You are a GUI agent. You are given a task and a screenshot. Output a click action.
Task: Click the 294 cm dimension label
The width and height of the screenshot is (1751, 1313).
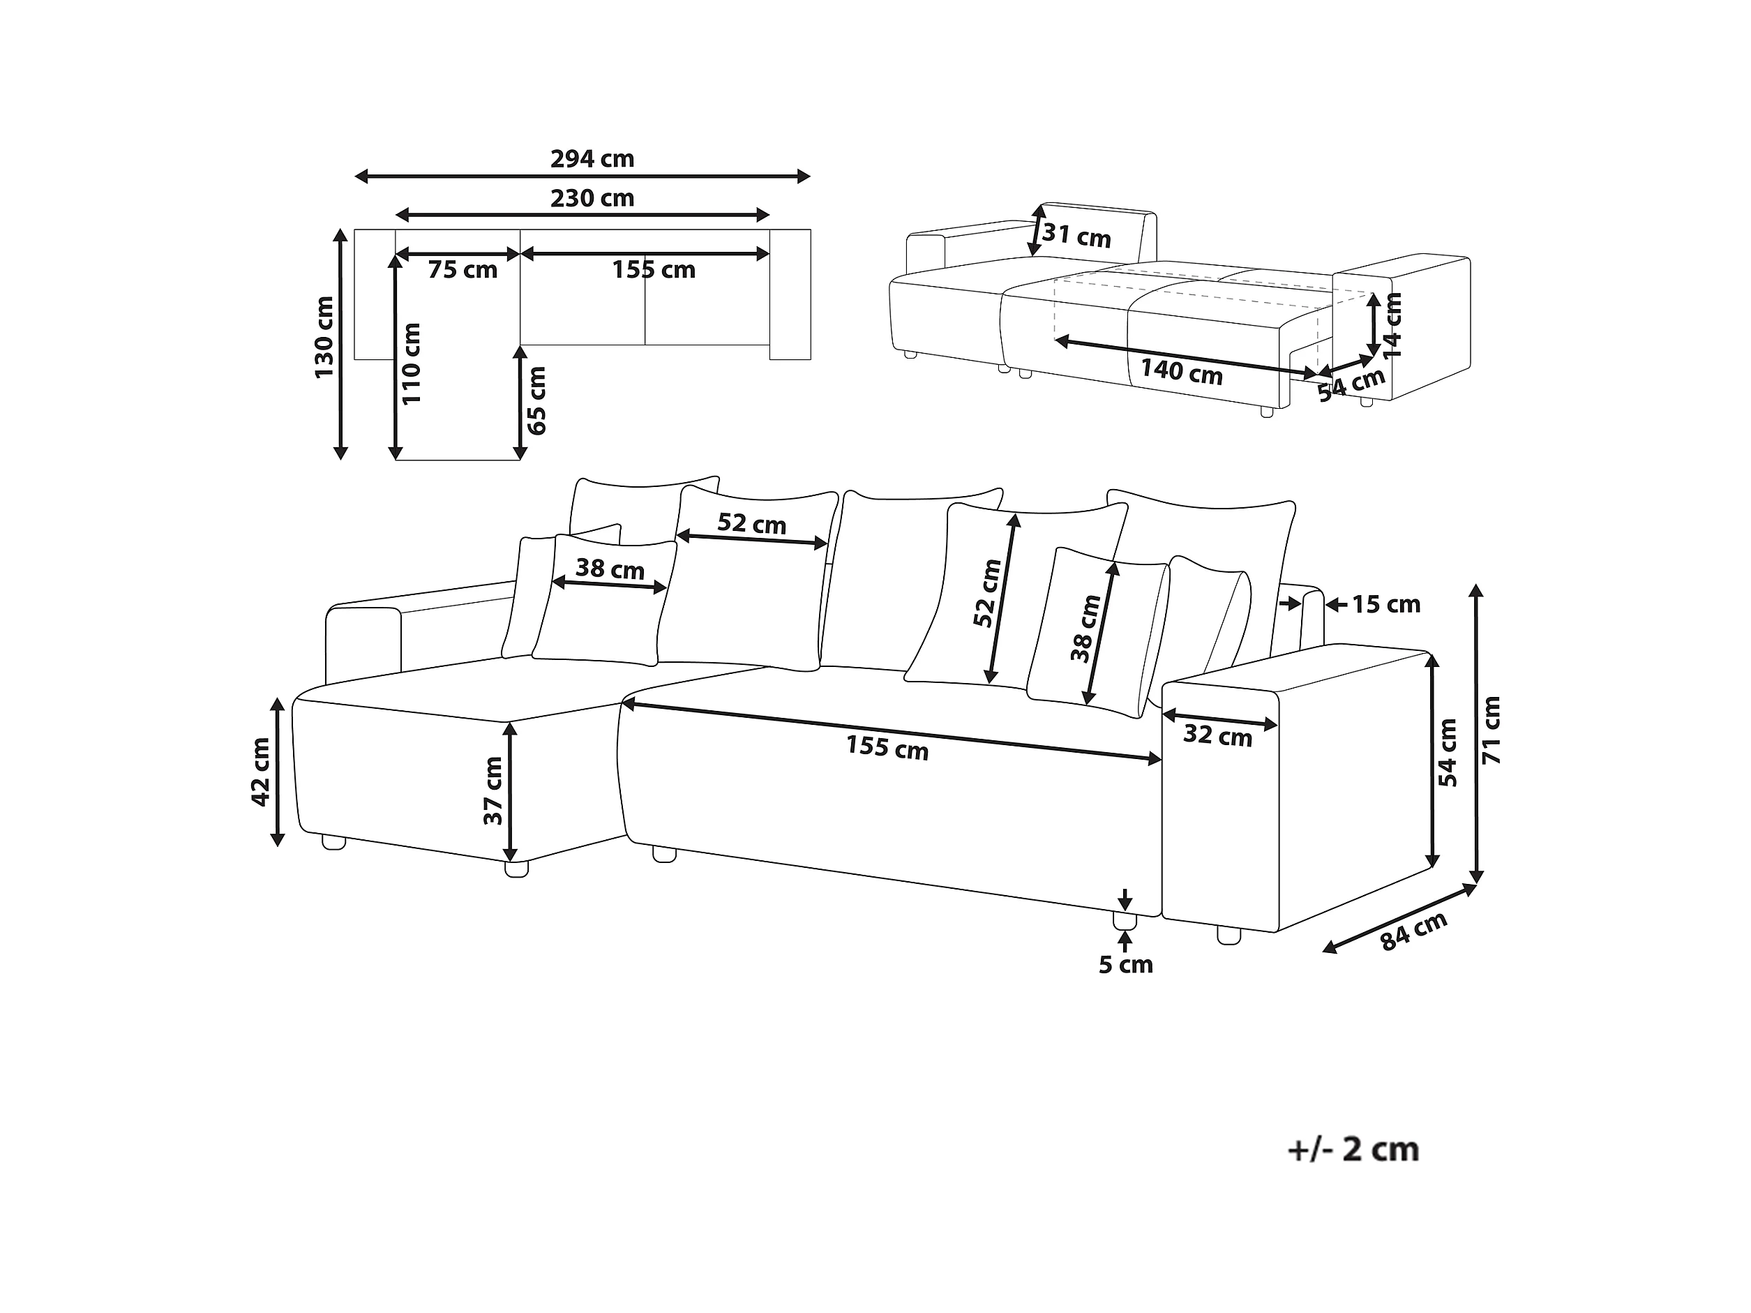(x=592, y=159)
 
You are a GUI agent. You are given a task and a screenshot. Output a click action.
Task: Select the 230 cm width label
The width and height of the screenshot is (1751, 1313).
(x=592, y=198)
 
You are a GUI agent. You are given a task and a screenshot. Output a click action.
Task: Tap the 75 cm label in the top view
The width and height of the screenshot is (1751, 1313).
(x=463, y=271)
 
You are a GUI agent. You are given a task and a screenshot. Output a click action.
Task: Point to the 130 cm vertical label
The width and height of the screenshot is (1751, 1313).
(x=324, y=337)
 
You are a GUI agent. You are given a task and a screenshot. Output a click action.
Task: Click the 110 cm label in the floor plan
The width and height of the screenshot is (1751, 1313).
(x=412, y=364)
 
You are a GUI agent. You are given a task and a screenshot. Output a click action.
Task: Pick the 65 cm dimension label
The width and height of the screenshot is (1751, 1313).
(x=537, y=400)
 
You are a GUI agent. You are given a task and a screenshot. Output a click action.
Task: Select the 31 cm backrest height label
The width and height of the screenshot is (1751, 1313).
(x=1076, y=236)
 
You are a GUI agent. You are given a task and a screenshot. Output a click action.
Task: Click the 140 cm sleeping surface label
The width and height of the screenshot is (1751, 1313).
(x=1181, y=371)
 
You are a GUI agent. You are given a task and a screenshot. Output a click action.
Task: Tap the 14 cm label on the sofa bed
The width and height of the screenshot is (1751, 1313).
(x=1392, y=324)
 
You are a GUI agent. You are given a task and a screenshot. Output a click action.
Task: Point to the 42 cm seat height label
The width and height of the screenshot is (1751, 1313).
(x=260, y=772)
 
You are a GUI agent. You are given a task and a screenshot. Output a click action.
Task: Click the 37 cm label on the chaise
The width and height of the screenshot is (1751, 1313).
(x=493, y=790)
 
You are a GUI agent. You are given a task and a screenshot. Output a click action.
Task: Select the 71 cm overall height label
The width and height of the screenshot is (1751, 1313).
(x=1491, y=730)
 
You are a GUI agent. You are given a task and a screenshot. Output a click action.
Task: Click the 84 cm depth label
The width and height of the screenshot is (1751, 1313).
(x=1414, y=931)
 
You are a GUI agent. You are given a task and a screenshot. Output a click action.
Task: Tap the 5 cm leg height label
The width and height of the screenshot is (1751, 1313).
(x=1126, y=965)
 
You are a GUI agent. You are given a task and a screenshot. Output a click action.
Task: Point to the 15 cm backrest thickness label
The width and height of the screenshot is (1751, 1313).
(x=1385, y=605)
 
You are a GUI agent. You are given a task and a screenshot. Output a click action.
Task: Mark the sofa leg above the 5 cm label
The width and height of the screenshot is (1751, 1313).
(x=1124, y=920)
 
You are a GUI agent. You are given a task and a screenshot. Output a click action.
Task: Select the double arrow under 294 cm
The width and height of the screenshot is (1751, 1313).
(x=583, y=177)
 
